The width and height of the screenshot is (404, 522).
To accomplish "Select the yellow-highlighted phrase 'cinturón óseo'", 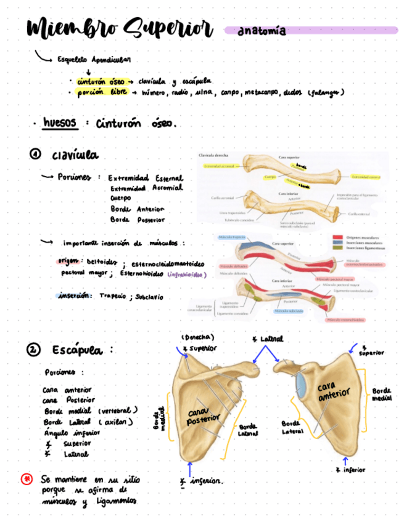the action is [101, 81].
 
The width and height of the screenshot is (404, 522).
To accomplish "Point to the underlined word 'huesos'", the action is [59, 122].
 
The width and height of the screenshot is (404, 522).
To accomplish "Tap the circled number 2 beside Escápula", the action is [33, 350].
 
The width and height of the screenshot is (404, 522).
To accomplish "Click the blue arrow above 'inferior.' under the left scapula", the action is [190, 469].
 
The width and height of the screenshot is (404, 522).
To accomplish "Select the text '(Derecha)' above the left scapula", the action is [197, 337].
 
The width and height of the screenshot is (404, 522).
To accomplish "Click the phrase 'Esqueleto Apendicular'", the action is [93, 60].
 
